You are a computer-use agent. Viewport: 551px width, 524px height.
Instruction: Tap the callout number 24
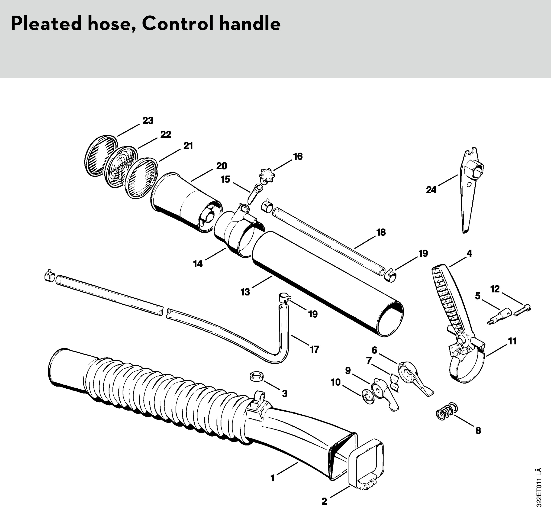pyautogui.click(x=431, y=190)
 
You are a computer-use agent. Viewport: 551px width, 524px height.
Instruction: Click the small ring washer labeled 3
pyautogui.click(x=257, y=377)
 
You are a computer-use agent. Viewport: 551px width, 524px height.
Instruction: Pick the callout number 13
pyautogui.click(x=245, y=292)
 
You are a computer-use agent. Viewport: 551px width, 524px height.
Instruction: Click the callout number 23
pyautogui.click(x=148, y=121)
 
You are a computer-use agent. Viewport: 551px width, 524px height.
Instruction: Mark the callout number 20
pyautogui.click(x=222, y=166)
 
